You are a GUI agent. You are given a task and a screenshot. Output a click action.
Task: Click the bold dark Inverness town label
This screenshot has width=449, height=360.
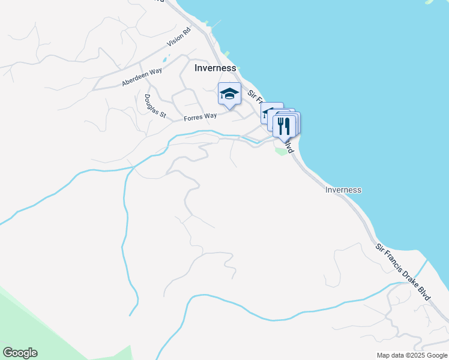point(215,68)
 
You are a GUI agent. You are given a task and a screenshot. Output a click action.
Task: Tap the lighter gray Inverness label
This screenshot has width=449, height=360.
point(343,190)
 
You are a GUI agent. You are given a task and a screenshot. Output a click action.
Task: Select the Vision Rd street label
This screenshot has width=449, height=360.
point(178,38)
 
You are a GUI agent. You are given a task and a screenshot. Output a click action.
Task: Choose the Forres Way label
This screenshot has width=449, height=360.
point(200,116)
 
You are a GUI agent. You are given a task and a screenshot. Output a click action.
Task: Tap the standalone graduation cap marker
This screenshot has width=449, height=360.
point(229,94)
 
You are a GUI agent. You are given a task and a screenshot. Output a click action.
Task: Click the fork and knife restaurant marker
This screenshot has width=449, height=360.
point(284,127)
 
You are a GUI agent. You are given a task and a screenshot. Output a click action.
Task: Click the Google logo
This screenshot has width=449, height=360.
point(20,353)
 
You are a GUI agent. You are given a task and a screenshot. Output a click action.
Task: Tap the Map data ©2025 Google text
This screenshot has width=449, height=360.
point(412,355)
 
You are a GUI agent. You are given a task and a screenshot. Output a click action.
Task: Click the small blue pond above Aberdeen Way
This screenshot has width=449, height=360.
point(164,61)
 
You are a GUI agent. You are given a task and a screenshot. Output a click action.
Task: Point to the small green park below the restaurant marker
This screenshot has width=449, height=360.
point(280,150)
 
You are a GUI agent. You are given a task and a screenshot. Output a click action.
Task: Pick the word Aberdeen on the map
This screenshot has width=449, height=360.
point(133,80)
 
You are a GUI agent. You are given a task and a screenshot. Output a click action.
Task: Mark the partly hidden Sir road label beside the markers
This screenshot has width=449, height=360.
point(253,95)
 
